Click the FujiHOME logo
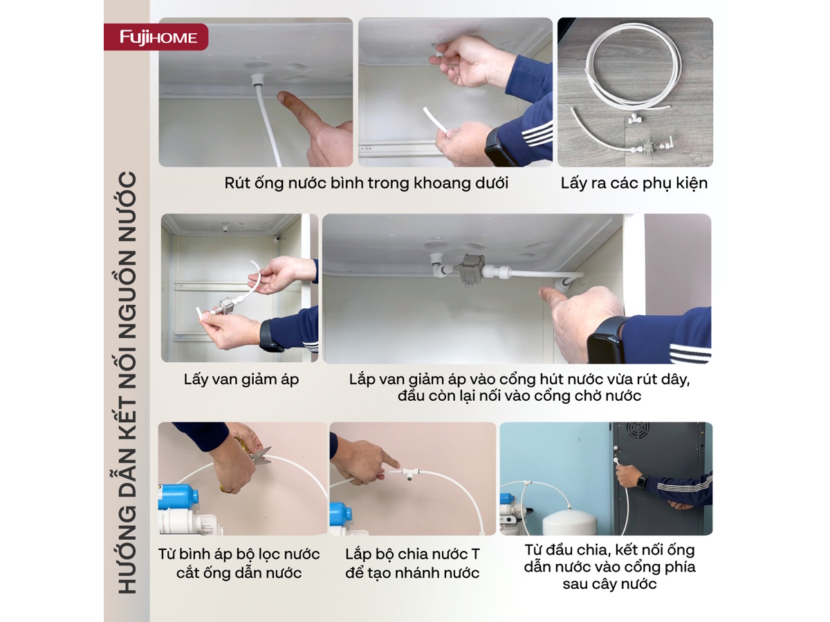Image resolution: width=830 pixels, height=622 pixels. click(x=158, y=37)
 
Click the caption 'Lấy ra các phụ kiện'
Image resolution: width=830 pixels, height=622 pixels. click(x=634, y=183)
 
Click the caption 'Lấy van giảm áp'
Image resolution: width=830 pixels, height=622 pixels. click(x=241, y=379)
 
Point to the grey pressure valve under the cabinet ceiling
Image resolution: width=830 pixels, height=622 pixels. click(x=468, y=269)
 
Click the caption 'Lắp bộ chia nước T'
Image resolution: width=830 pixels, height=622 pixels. click(x=412, y=554)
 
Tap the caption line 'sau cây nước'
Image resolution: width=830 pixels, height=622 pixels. click(x=609, y=584)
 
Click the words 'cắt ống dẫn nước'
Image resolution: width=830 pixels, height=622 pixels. click(x=239, y=573)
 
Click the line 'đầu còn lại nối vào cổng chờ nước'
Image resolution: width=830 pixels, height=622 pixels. click(x=519, y=396)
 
